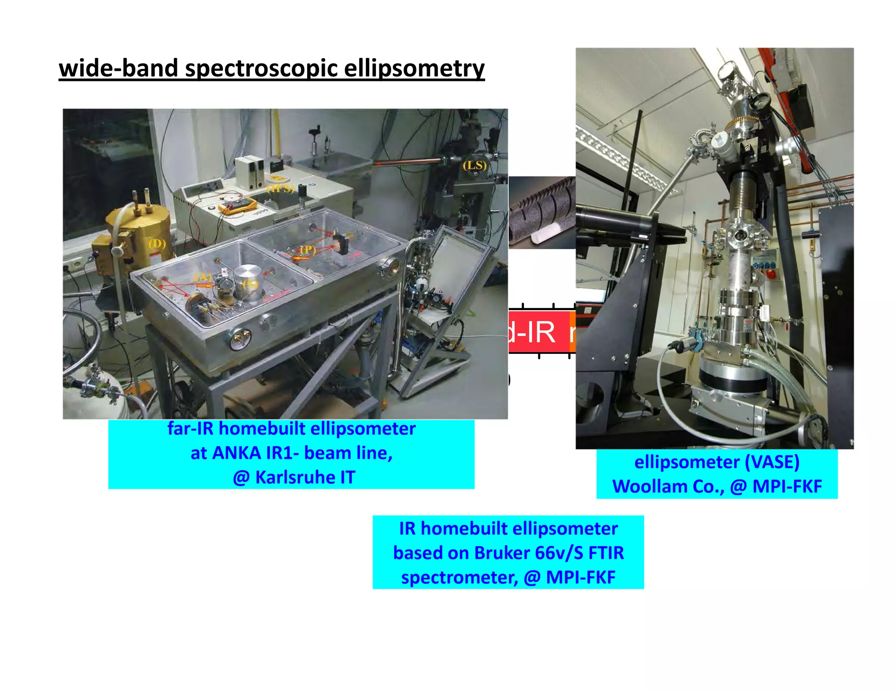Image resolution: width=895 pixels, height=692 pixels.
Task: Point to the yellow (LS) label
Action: pos(475,166)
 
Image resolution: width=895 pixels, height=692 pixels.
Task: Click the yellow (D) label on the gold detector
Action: pos(156,244)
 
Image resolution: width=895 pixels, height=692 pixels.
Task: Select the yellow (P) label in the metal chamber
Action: pos(307,250)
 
